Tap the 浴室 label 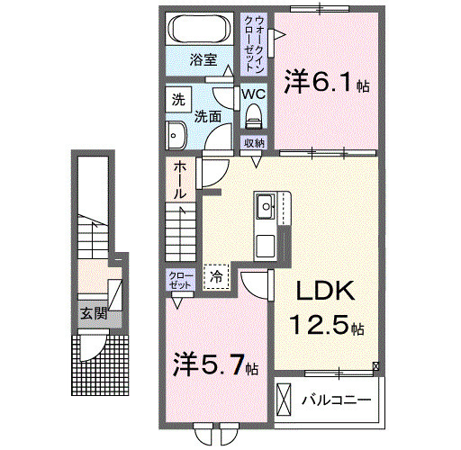point(203,60)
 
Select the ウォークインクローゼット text point(257,45)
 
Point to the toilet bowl point(253,114)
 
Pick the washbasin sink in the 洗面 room point(176,135)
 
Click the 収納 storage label point(253,143)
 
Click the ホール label point(179,179)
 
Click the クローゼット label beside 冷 point(178,279)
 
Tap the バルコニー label point(338,399)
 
